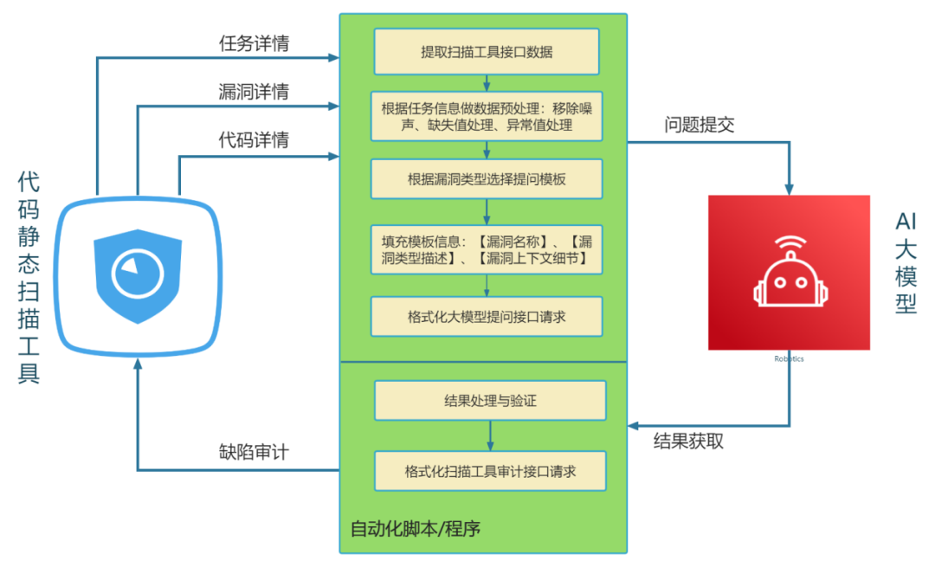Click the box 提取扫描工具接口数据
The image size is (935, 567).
coord(487,52)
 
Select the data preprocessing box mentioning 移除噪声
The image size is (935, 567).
coord(487,117)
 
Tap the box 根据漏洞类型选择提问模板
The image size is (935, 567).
coord(487,180)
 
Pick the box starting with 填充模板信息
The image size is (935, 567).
coord(487,249)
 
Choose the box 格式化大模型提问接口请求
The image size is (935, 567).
coord(487,317)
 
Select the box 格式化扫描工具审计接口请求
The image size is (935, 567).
coord(490,472)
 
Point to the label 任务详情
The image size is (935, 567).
coord(254,44)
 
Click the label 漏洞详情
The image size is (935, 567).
coord(254,92)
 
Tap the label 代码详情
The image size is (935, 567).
coord(254,139)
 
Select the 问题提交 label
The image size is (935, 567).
coord(700,125)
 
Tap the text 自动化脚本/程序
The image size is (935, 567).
coord(415,528)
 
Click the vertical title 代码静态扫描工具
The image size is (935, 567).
coord(29,277)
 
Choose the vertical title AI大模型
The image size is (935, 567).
coord(906,263)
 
